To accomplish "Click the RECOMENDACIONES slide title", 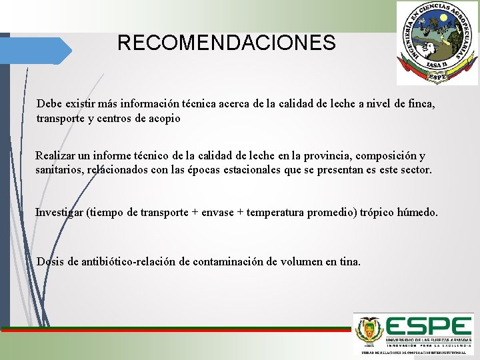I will (x=227, y=43).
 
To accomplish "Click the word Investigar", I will (x=59, y=213).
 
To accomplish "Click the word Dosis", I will (x=51, y=261).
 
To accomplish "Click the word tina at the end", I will (x=349, y=261).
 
